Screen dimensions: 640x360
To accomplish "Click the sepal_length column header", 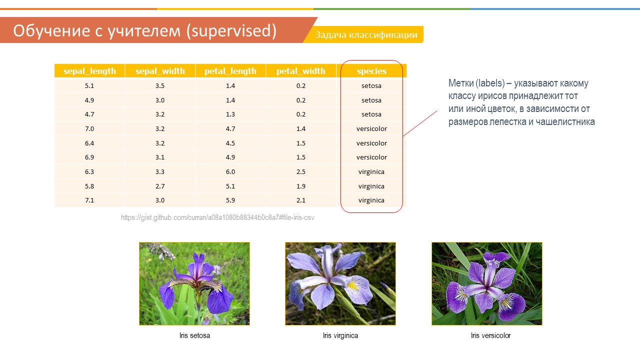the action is click(89, 71).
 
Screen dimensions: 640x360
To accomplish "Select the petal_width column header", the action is click(301, 71).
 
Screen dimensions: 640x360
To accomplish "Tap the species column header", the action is click(371, 71).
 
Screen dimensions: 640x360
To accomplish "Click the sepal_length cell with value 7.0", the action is click(89, 128).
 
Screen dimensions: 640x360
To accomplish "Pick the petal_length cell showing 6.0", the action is click(230, 171).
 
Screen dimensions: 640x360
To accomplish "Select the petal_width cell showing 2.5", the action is click(301, 171).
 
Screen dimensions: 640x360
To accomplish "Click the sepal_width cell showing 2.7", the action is click(160, 186).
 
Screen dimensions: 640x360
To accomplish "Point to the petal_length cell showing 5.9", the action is click(230, 200).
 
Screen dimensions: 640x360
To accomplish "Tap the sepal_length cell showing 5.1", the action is click(89, 85).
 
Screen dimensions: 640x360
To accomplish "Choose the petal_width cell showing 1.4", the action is click(301, 128).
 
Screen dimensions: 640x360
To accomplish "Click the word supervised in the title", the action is click(231, 31).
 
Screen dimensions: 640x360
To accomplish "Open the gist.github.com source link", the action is click(217, 217).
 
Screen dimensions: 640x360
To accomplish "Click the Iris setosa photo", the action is click(194, 283).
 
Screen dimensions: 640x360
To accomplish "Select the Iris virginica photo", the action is click(340, 283).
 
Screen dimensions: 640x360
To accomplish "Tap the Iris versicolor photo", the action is click(487, 283).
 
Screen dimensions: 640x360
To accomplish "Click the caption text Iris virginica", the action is click(340, 335).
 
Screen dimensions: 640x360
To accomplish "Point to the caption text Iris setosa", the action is click(194, 335).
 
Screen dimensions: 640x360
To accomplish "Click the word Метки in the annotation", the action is click(461, 83).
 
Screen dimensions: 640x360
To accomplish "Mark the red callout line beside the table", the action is click(420, 123).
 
